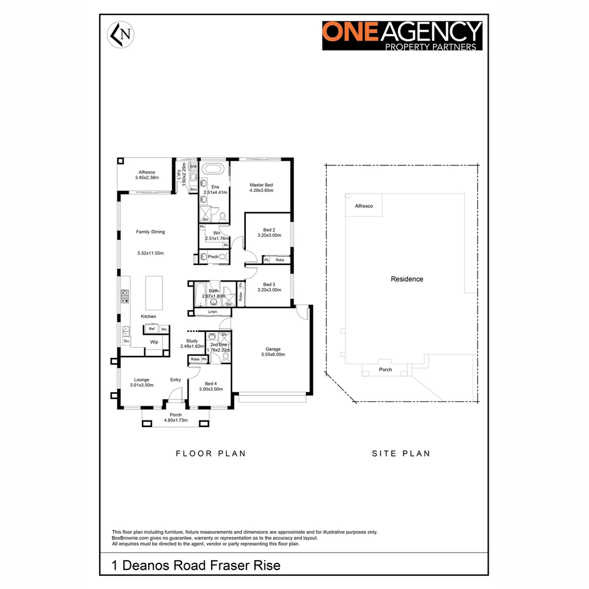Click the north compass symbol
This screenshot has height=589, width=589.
[121, 34]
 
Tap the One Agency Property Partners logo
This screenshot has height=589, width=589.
[402, 35]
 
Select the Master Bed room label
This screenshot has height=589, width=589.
[261, 185]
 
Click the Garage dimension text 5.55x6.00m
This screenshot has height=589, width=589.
[273, 354]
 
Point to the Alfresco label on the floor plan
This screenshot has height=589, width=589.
[146, 172]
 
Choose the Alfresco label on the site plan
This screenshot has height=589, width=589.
[364, 206]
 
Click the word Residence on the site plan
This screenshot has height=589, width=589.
[407, 279]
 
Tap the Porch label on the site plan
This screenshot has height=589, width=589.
[386, 369]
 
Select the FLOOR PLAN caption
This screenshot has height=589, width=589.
[211, 453]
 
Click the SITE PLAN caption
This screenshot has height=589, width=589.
[401, 453]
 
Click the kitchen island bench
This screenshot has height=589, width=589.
[154, 292]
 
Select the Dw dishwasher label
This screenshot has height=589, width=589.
[126, 341]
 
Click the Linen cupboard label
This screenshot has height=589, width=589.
[212, 312]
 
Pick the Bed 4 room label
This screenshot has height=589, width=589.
[211, 384]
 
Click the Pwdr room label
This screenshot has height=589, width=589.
[213, 256]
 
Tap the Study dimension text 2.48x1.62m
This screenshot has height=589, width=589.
[191, 346]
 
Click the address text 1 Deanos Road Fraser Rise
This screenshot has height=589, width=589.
[196, 565]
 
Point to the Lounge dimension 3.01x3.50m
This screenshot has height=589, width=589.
[142, 385]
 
